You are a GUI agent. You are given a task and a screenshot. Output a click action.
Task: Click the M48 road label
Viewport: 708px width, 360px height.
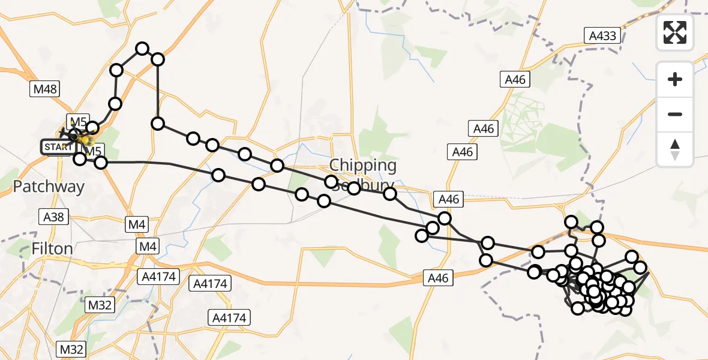coord(45,89)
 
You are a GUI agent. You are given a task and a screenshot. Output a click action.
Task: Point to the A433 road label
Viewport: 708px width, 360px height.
coord(602,36)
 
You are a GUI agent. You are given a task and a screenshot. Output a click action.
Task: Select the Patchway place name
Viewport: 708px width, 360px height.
coord(49,187)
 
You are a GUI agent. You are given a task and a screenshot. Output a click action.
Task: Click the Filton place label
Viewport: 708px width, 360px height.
coord(52,248)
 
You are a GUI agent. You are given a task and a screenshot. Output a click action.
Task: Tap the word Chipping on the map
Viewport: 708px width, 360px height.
coord(362,166)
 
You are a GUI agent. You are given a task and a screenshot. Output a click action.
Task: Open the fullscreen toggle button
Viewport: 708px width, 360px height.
coord(675,32)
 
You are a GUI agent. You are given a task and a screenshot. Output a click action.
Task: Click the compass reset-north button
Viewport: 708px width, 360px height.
coord(675,150)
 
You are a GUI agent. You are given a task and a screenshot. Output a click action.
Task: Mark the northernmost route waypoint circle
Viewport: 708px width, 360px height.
coord(142,49)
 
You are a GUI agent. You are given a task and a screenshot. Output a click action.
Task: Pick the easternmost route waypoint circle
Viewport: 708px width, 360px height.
coord(640,268)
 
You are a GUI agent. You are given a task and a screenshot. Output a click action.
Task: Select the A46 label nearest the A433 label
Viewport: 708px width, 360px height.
coord(515,79)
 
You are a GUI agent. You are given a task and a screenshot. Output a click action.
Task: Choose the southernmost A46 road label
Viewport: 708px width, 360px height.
coord(439,277)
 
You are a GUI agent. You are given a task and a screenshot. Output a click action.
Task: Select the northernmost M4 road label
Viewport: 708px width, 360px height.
coord(137,224)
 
